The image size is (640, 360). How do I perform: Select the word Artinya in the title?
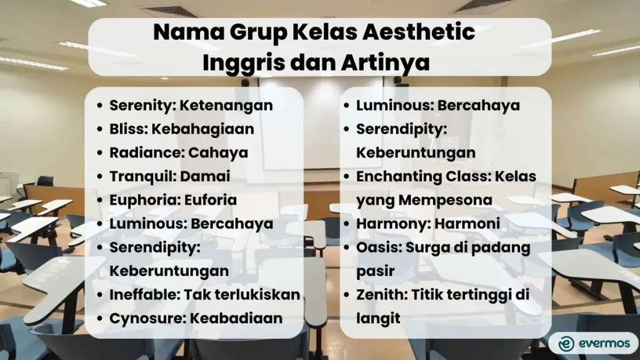click(390, 62)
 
